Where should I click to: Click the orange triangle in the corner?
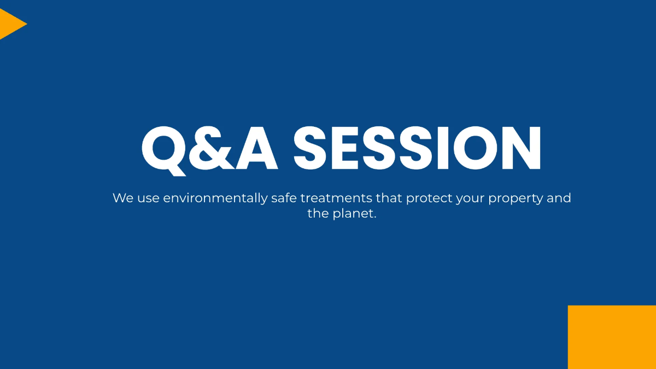tap(10, 24)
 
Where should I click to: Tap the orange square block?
tap(612, 337)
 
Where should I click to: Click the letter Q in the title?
tap(164, 149)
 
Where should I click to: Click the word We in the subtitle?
tap(122, 198)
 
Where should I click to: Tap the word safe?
tap(284, 198)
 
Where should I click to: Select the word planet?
tap(355, 214)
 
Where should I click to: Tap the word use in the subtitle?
tap(148, 198)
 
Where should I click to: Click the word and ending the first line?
tap(559, 198)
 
